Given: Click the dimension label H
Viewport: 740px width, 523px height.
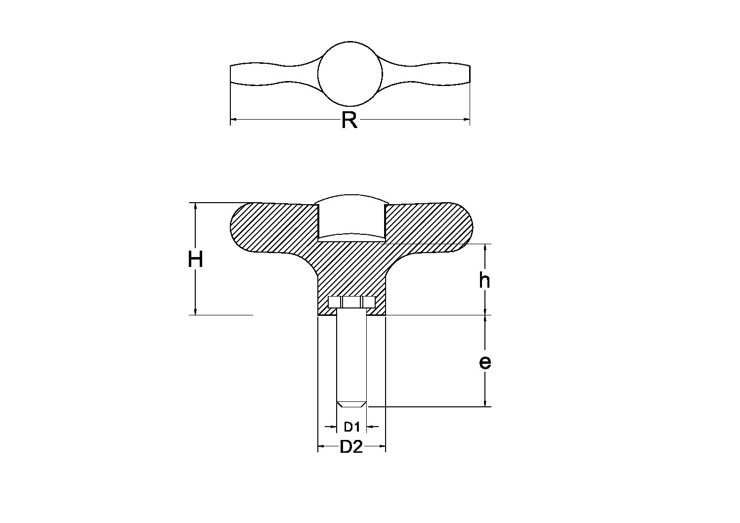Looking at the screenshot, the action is [195, 260].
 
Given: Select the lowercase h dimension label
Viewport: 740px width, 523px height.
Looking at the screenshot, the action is [484, 281].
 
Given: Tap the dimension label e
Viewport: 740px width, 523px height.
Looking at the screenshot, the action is [485, 362].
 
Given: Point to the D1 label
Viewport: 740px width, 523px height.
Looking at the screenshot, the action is [351, 427].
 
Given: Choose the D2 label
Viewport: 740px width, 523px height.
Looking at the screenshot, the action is [351, 447].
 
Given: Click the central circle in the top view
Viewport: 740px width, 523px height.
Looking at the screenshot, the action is [350, 74].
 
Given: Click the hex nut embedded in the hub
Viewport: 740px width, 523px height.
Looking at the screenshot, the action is [351, 303].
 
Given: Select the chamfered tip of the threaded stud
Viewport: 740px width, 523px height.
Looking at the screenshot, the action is [351, 404].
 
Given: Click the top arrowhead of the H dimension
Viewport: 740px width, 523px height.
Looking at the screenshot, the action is [196, 207].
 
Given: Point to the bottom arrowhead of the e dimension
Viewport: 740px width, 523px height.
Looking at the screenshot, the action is [485, 402].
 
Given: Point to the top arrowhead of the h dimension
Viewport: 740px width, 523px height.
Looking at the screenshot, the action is [485, 248].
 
